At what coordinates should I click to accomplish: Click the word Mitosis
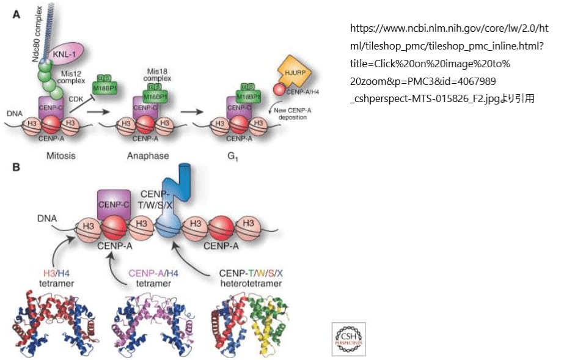pos(62,155)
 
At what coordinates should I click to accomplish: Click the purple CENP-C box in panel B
pos(115,204)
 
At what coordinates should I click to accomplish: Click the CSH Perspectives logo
pos(348,338)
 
